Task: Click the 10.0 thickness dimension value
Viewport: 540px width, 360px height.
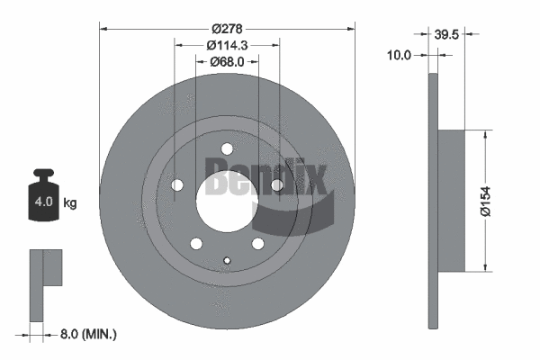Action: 399,55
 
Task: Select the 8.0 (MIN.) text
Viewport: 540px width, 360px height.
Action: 88,334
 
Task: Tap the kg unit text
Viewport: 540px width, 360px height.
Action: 69,203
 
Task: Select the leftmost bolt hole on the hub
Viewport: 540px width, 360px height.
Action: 177,185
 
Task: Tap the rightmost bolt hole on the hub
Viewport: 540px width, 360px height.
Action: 277,185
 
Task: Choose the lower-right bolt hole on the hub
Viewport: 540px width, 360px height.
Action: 258,244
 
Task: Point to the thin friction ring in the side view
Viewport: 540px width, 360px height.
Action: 432,200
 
